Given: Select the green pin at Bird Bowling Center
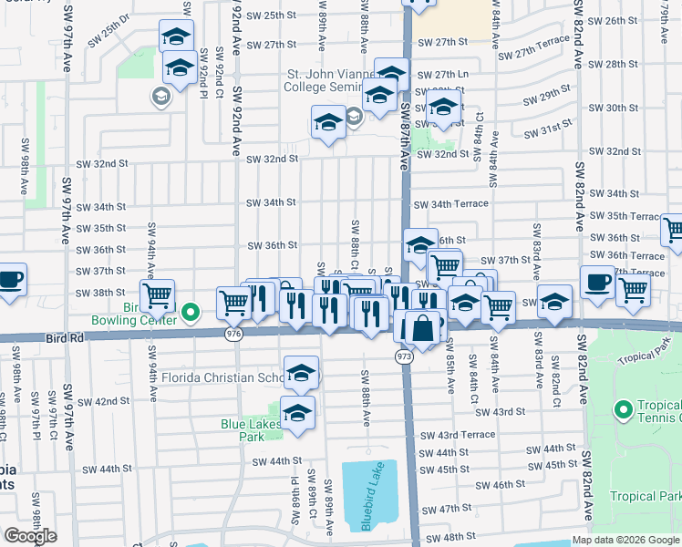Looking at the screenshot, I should (191, 313).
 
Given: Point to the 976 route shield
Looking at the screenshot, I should (234, 335).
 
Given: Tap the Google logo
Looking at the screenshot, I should (30, 536).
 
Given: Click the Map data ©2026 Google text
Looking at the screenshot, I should (625, 540).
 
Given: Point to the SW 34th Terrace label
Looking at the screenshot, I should (450, 204).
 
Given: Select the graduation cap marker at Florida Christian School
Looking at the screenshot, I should (301, 373).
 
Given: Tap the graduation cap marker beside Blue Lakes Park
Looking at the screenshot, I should (297, 414).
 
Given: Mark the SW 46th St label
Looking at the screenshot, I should (514, 485).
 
